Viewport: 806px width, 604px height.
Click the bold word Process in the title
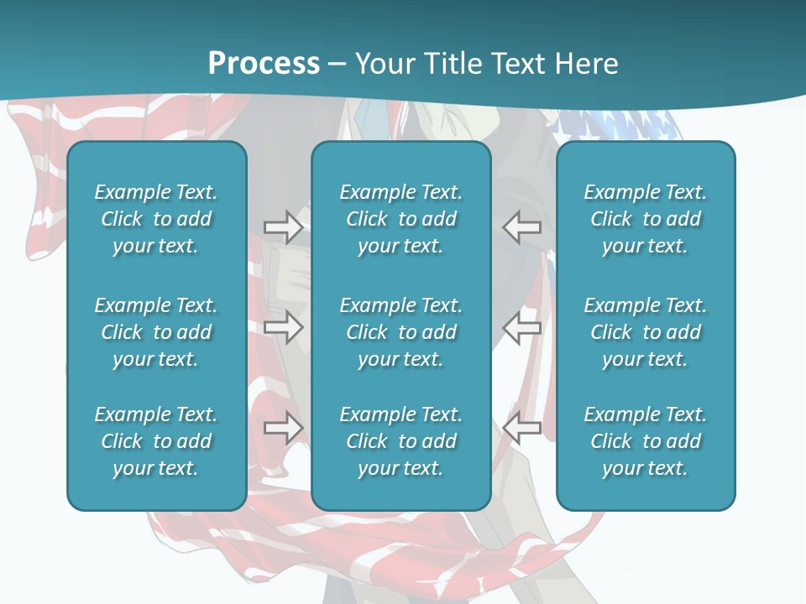coord(264,64)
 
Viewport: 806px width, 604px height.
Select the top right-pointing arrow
coord(283,227)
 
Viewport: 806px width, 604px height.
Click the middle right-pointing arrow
coord(283,327)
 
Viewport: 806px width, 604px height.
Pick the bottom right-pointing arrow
coord(283,428)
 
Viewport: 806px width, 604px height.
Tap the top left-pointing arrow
coord(522,227)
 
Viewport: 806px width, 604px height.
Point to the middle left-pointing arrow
coord(522,327)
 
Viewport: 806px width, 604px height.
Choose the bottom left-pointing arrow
coord(522,428)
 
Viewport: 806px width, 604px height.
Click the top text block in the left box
coord(156,219)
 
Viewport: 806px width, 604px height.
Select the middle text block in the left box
coord(156,332)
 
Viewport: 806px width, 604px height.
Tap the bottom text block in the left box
coord(156,441)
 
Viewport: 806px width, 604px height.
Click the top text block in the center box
coord(400,219)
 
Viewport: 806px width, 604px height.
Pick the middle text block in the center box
coord(400,332)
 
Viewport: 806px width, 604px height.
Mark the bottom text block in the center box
coord(400,441)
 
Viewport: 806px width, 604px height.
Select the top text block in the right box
coord(645,219)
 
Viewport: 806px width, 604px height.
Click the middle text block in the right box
coord(645,332)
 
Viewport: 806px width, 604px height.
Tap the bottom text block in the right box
coord(645,441)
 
